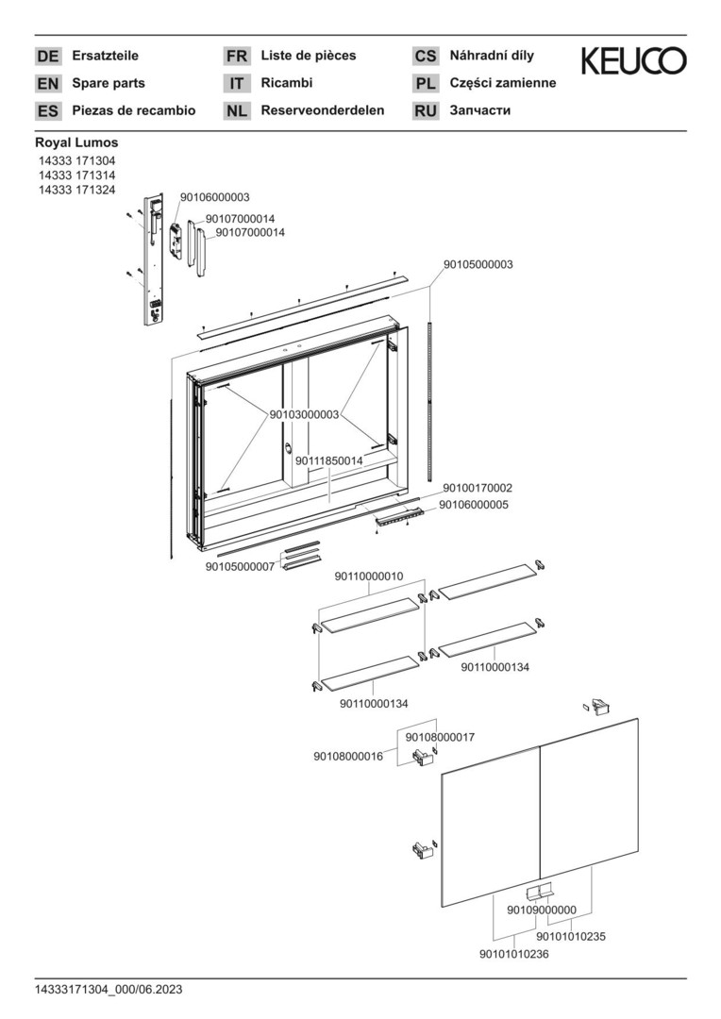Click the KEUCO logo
[633, 62]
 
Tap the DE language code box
[47, 57]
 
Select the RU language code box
[426, 111]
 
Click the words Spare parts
[109, 83]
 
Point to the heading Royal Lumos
[76, 142]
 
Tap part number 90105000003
[478, 265]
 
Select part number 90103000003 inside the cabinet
[304, 414]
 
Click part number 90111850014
[328, 460]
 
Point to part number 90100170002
[478, 488]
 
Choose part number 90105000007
[240, 566]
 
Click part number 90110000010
[369, 576]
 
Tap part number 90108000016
[348, 756]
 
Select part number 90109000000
[541, 910]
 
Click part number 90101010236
[514, 954]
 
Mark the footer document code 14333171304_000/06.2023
[109, 989]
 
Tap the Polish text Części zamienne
[503, 83]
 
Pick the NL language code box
[236, 111]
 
